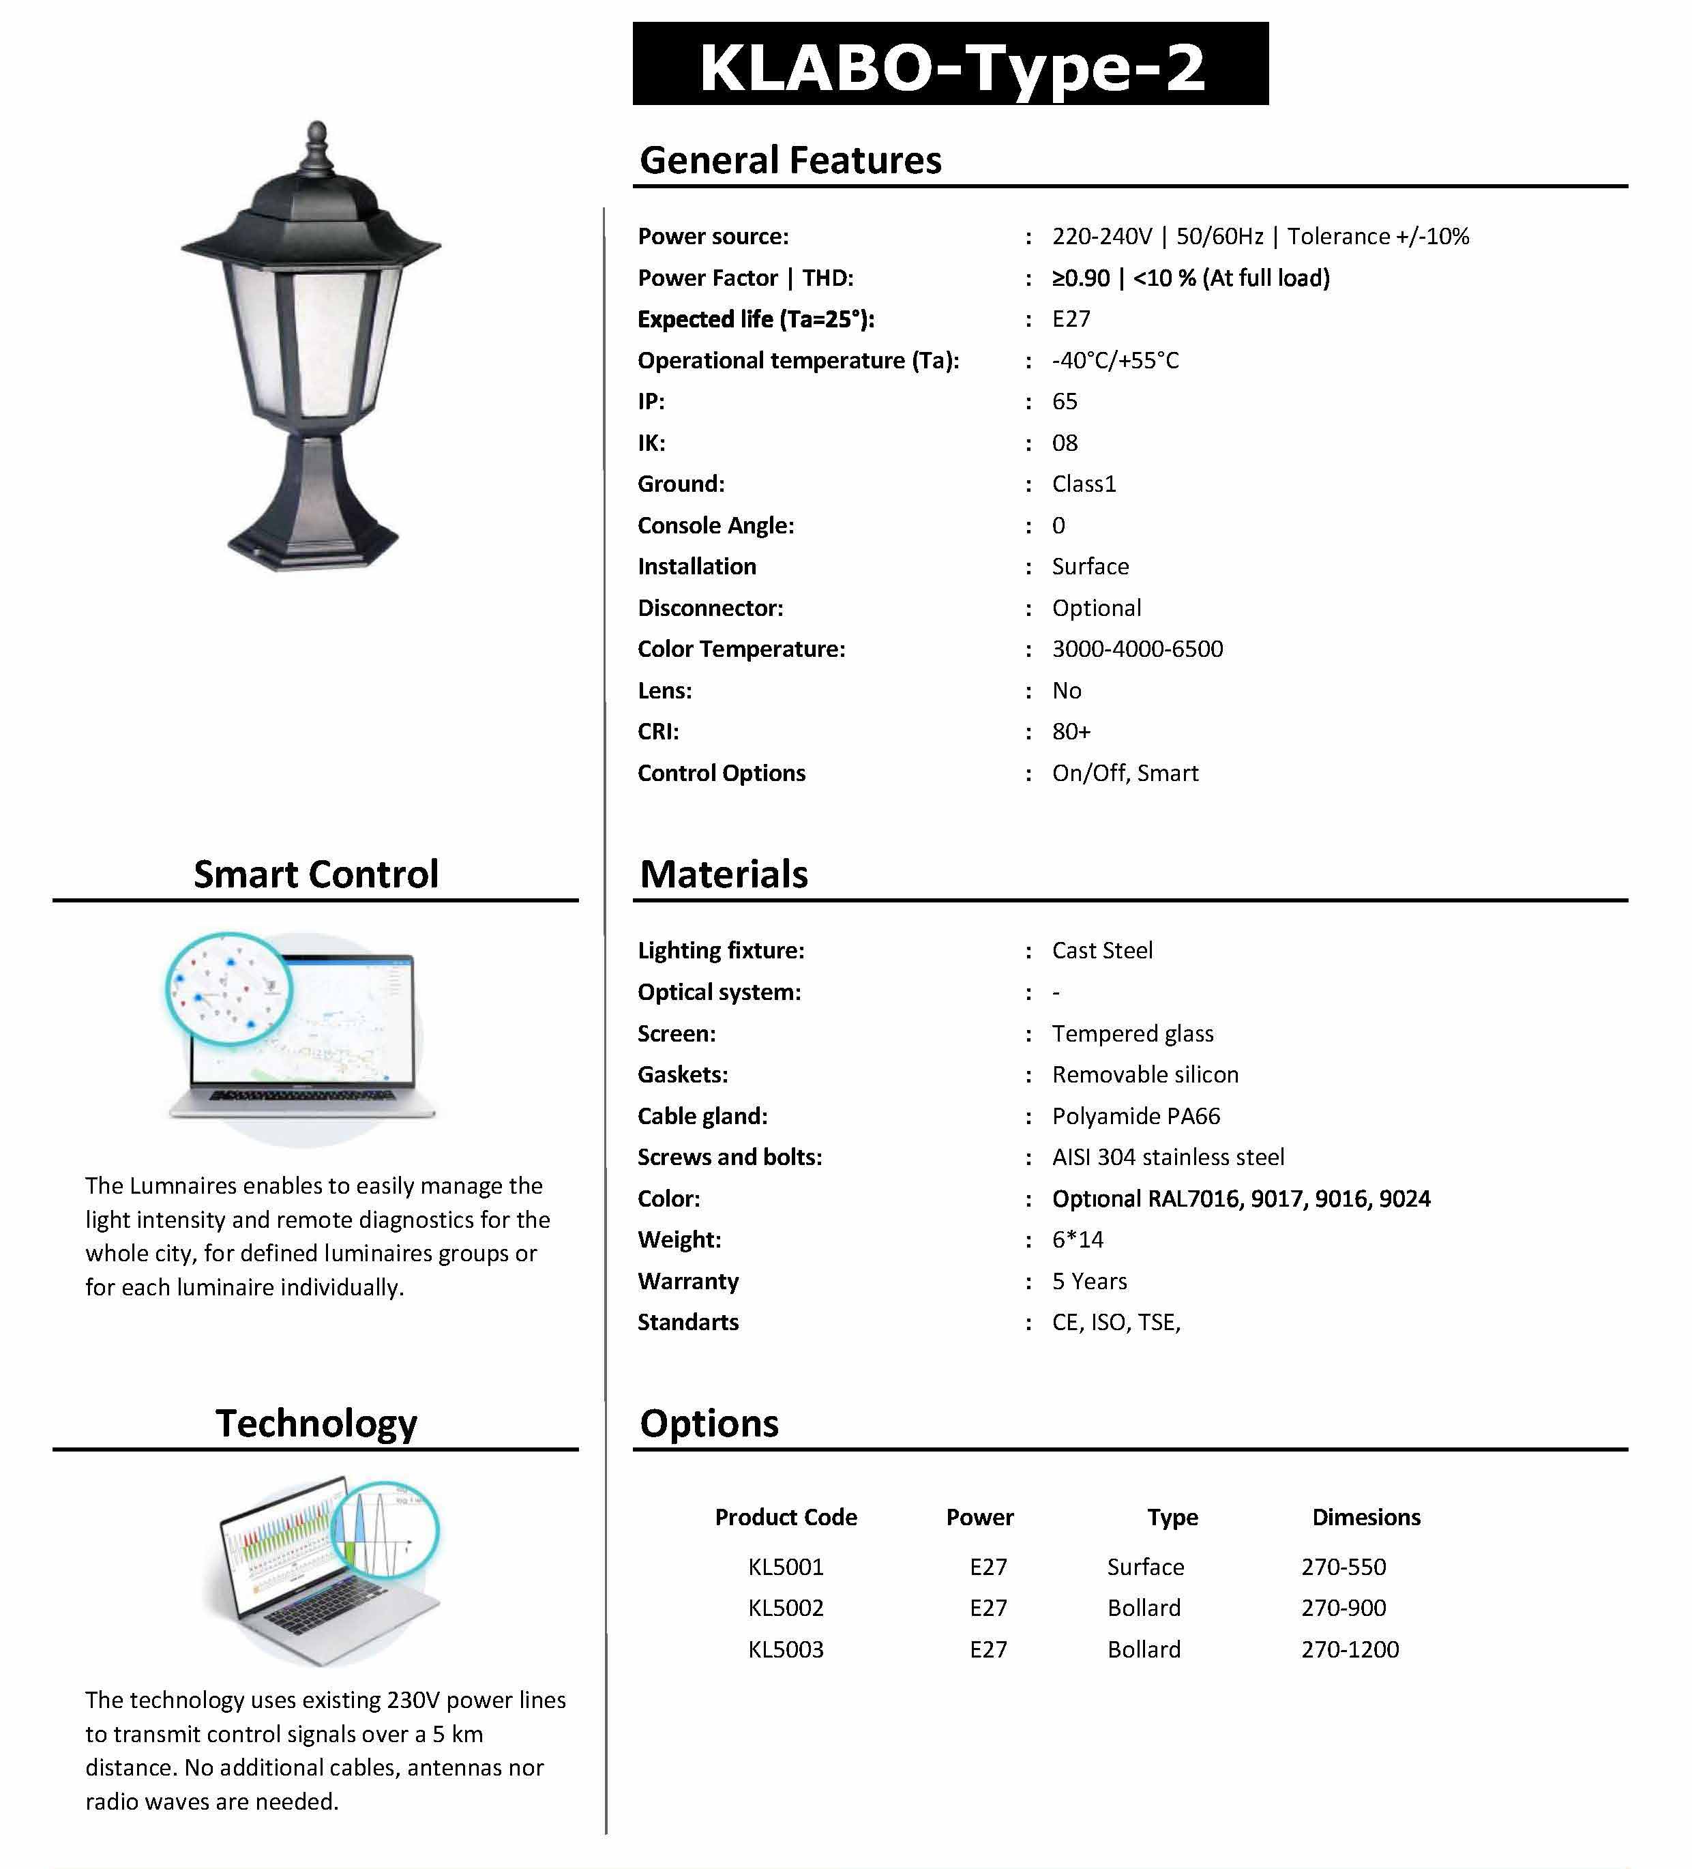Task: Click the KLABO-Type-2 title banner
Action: click(950, 65)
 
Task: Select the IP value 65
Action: click(1065, 402)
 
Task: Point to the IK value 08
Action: click(1065, 443)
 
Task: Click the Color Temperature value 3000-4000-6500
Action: click(1137, 649)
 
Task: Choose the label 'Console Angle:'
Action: click(715, 526)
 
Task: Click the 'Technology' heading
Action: click(316, 1423)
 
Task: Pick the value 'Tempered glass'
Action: click(1132, 1033)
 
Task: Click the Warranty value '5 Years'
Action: click(1089, 1281)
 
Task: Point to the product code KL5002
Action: click(785, 1608)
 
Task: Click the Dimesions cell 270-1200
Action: click(1350, 1649)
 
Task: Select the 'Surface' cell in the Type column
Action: click(1145, 1567)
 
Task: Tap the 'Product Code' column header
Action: click(785, 1517)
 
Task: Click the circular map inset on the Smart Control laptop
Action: click(229, 989)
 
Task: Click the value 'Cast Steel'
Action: click(1101, 950)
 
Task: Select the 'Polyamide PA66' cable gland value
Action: click(1136, 1116)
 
